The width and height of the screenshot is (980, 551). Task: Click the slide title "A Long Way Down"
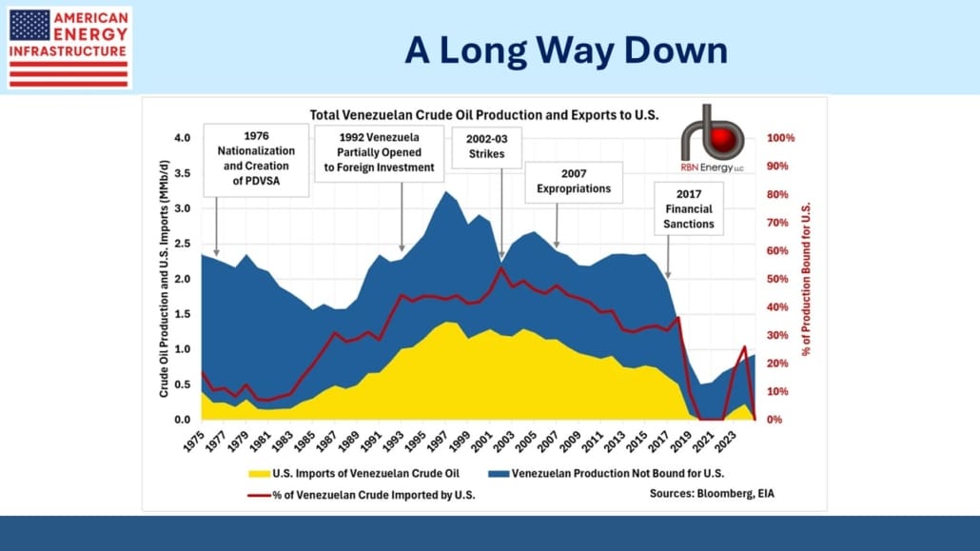pos(566,50)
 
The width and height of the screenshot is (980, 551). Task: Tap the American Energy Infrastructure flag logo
pos(68,48)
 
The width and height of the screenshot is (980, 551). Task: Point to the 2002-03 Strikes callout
pos(486,147)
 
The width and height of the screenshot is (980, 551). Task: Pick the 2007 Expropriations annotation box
pos(574,182)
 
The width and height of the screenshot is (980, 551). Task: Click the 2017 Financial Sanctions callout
pos(690,209)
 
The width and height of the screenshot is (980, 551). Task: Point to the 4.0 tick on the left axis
pos(182,139)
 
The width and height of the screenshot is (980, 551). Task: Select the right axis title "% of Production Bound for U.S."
pos(807,279)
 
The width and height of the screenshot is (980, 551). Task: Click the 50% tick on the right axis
pos(782,279)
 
